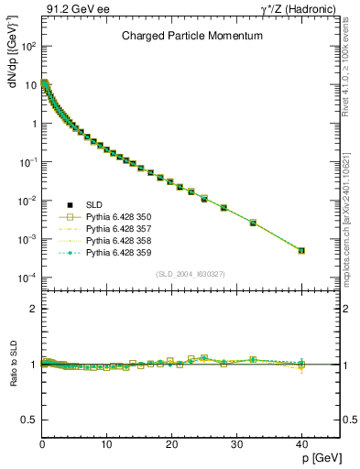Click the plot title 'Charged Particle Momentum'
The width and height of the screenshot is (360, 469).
click(x=192, y=36)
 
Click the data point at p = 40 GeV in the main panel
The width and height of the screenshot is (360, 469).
click(x=301, y=250)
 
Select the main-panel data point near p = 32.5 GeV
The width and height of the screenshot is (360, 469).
click(x=253, y=223)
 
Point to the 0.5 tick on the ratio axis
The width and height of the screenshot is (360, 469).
click(x=30, y=420)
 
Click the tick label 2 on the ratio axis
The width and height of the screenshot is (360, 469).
click(x=33, y=309)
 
